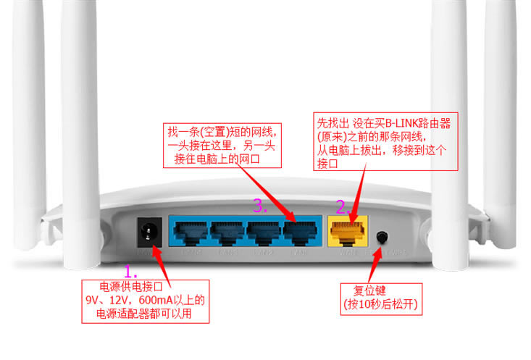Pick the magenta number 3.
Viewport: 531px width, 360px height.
[259, 206]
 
